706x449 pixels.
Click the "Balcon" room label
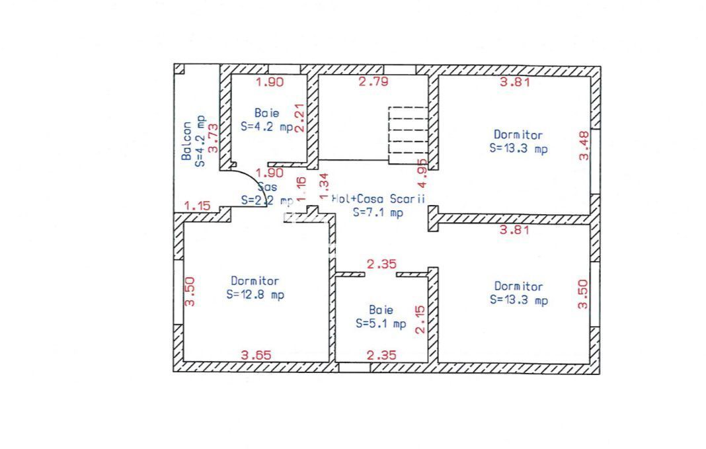pos(187,141)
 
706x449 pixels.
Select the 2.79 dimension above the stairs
pos(373,83)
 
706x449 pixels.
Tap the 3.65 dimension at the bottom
pos(255,355)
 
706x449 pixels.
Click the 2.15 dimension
pos(419,319)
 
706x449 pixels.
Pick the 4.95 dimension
pos(422,171)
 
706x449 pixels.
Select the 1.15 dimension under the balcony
pos(197,206)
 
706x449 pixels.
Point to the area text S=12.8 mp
pos(255,295)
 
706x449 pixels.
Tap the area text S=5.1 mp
pos(381,324)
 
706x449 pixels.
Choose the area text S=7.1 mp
pos(377,212)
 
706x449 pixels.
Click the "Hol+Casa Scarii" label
pos(378,198)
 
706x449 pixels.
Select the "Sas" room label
pos(264,186)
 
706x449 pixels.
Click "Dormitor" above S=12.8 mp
pos(255,281)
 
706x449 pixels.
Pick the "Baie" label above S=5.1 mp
pos(381,309)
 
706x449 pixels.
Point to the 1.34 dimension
pos(323,186)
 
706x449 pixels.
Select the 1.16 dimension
pos(301,189)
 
